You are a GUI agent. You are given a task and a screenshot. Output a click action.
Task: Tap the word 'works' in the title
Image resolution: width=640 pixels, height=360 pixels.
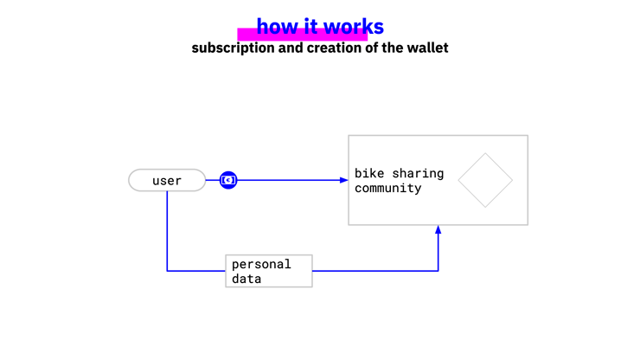[354, 27]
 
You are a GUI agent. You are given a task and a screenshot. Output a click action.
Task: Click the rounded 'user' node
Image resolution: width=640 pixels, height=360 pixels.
[167, 180]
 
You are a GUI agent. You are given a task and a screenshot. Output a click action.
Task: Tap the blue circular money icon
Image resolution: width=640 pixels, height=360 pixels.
[228, 180]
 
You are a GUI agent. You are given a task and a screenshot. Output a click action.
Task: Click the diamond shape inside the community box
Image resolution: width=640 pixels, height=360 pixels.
[485, 180]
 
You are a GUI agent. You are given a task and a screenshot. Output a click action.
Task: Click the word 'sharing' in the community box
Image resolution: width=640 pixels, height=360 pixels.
[419, 173]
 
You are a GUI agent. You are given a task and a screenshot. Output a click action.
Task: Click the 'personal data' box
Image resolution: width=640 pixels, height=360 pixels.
[269, 271]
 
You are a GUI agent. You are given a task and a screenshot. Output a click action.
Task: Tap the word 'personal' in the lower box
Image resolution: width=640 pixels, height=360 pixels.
[261, 264]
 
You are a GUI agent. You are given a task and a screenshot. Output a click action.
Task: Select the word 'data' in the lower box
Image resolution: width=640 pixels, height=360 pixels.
[246, 279]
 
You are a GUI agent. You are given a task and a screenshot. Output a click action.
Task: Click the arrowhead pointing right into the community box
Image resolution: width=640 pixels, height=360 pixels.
[343, 180]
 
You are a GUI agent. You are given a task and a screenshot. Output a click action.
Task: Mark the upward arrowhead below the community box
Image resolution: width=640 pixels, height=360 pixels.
[438, 230]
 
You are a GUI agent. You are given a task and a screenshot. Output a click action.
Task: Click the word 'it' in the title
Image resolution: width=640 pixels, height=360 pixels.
[310, 27]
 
